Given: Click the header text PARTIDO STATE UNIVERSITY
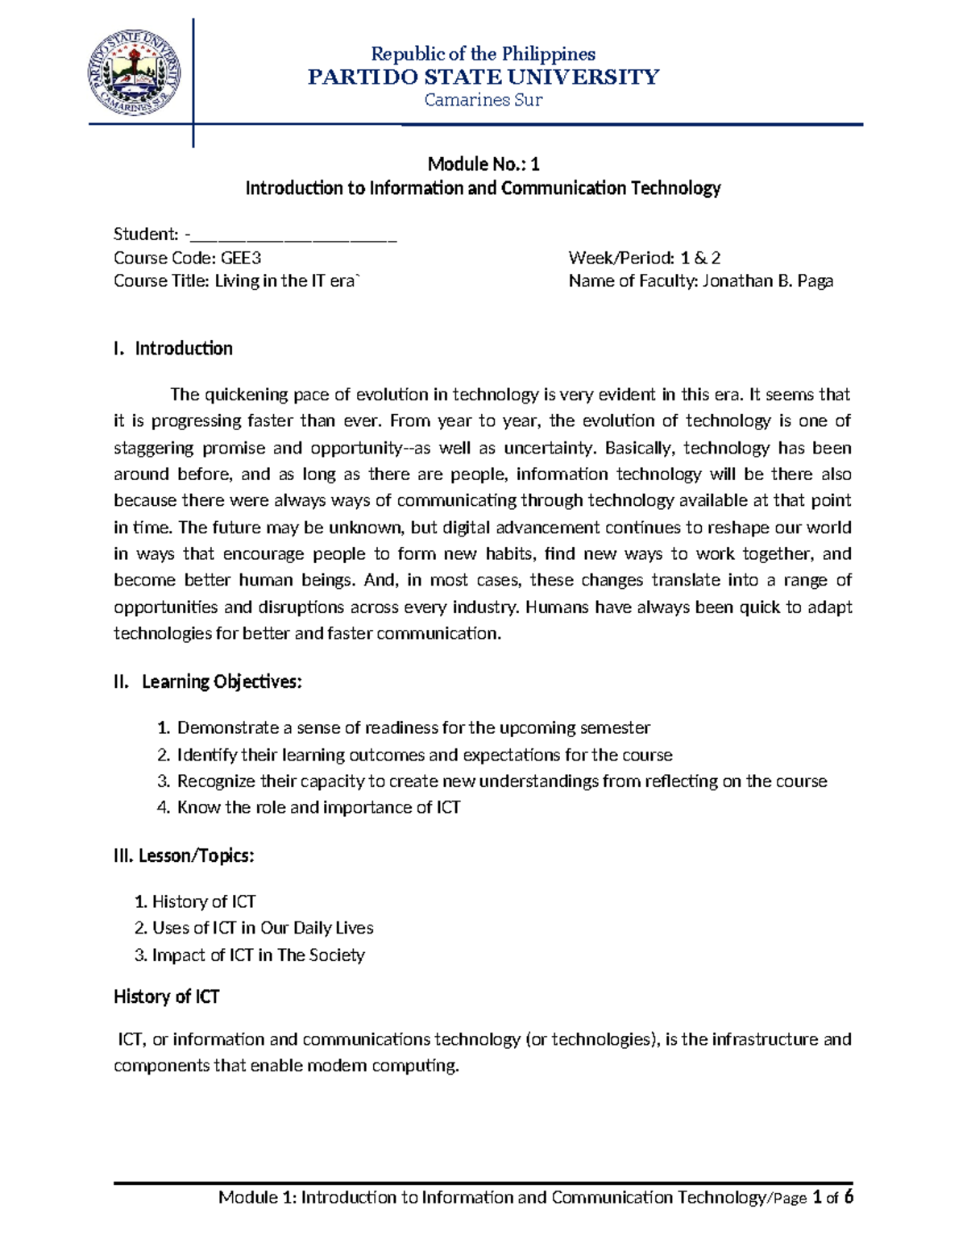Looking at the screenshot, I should tap(483, 77).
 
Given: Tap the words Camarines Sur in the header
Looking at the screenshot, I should tap(483, 100).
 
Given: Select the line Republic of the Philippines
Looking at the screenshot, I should tap(483, 54).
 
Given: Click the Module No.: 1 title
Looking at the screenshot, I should tap(483, 164).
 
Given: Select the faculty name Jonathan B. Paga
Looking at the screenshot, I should tap(767, 281).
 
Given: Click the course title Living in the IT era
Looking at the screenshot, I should tap(286, 281).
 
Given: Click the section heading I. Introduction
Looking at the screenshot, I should tap(173, 349).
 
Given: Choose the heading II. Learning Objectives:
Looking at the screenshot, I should tap(208, 681).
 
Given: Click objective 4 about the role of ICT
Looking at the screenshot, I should tap(318, 808).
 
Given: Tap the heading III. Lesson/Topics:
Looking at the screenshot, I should tap(184, 855).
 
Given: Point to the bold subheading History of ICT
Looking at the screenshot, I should tap(166, 997).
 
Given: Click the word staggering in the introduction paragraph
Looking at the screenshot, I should tap(153, 448).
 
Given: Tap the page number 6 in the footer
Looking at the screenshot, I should tap(848, 1197).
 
